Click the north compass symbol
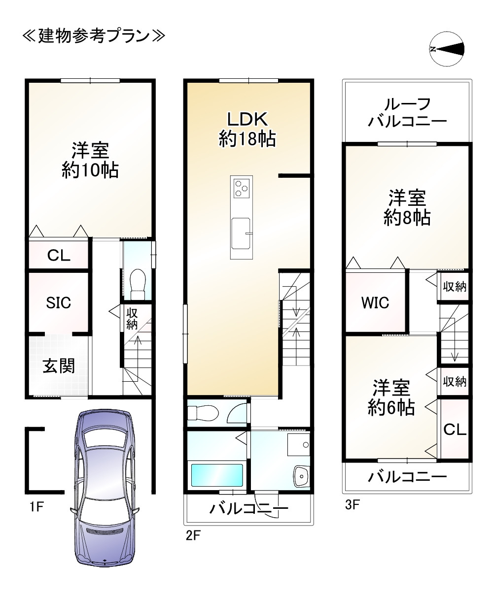point(447,49)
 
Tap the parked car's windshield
point(105,513)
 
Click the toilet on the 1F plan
point(138,284)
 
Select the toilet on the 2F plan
point(203,412)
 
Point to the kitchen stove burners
point(241,188)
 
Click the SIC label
point(58,303)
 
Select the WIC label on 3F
point(375,303)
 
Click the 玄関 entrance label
point(59,366)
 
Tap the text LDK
point(247,119)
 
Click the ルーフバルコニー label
point(407,113)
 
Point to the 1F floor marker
point(37,506)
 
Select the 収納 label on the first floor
point(132,319)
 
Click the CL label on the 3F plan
point(455,429)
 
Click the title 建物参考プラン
point(94,36)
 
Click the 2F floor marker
point(193,535)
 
